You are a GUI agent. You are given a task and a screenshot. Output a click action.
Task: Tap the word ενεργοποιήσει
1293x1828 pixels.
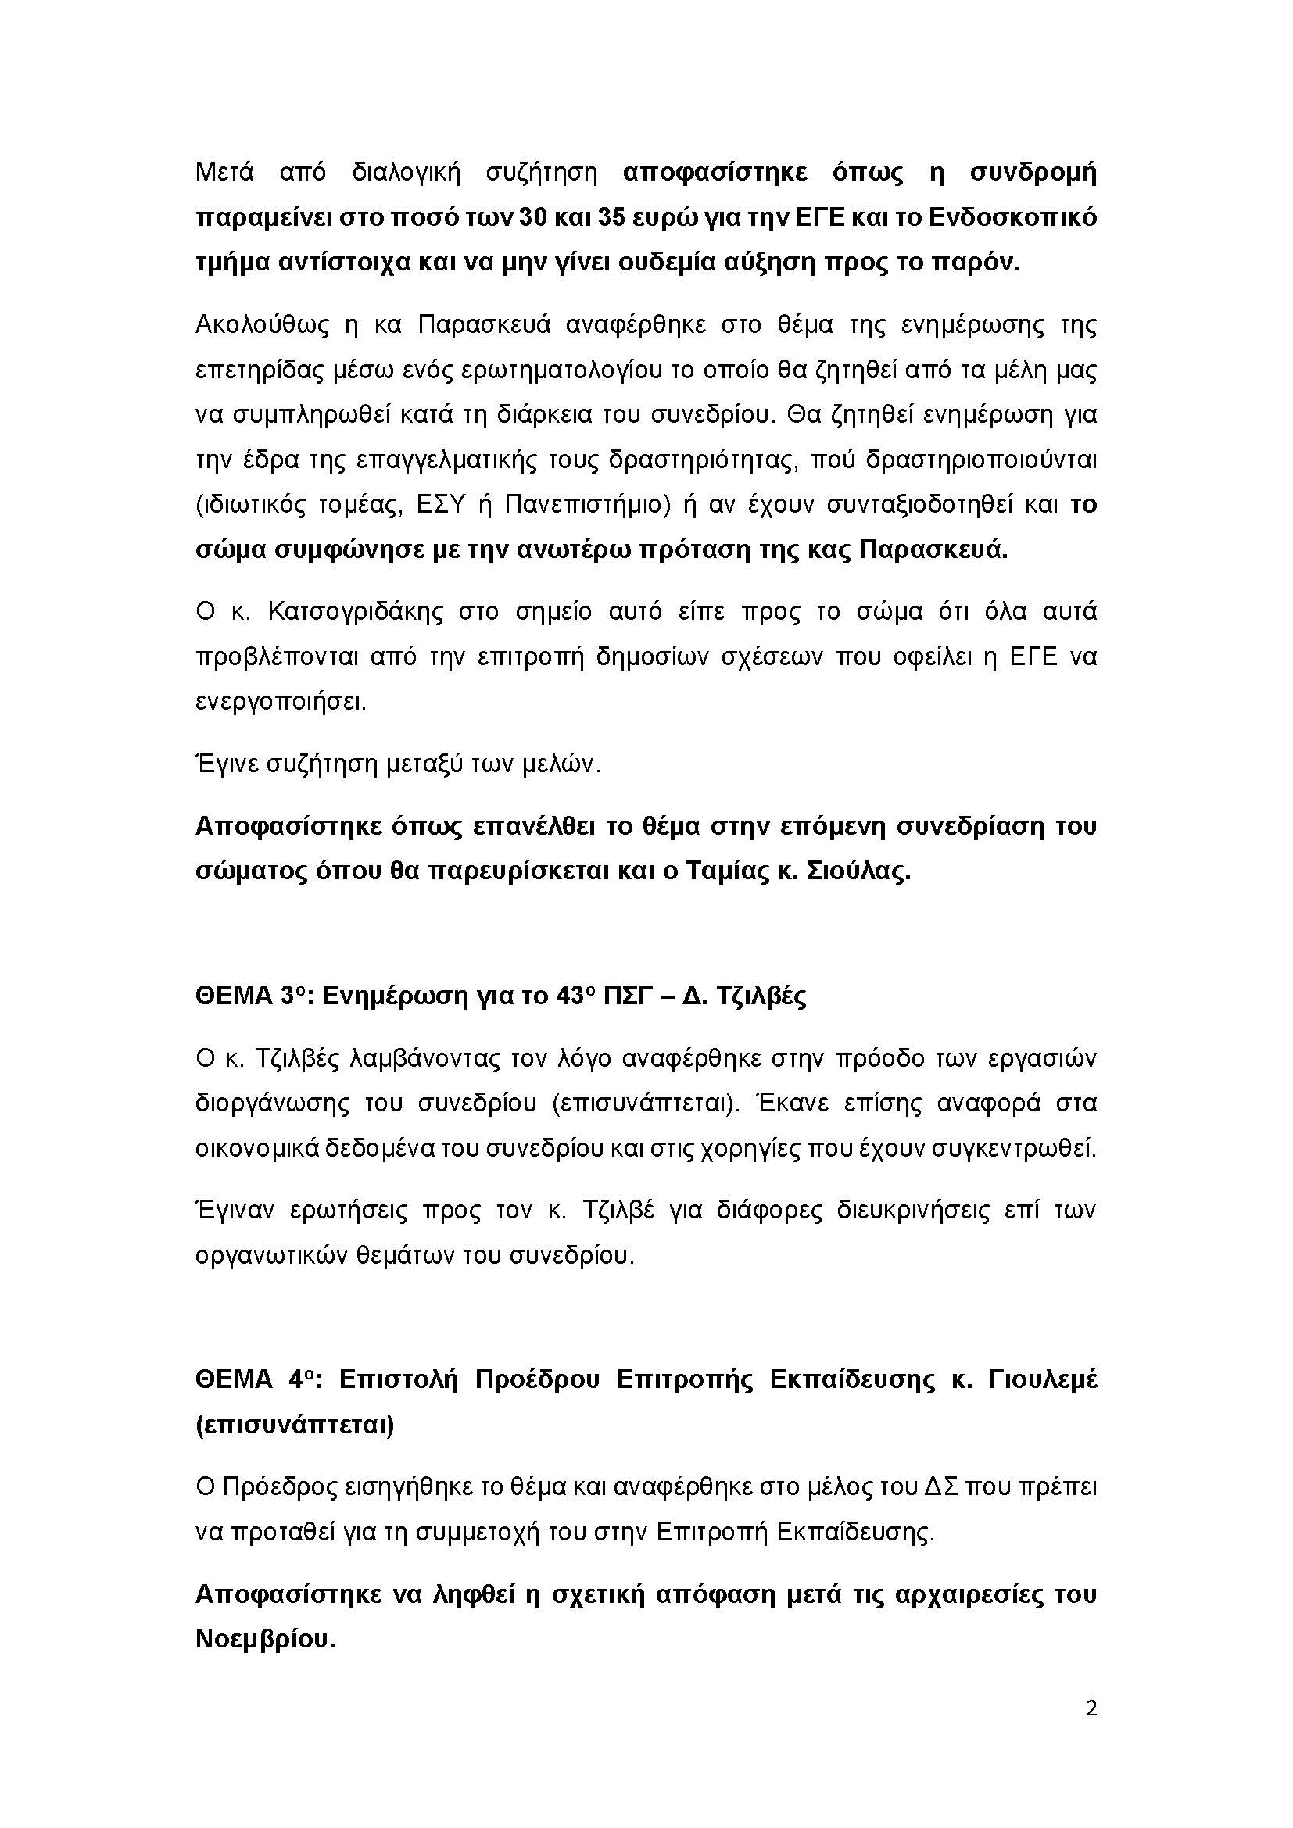(281, 703)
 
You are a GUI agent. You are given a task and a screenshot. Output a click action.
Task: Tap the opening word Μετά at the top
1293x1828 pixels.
(224, 173)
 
